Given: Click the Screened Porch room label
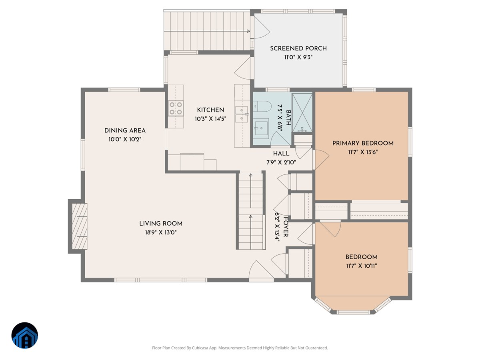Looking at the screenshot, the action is tap(298, 48).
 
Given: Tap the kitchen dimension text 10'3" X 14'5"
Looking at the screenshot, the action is tap(210, 119).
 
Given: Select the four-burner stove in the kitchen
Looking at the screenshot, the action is tap(176, 108).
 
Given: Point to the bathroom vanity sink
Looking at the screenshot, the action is tap(261, 127).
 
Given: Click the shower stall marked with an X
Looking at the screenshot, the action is tap(302, 113).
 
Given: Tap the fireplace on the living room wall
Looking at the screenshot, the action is tap(80, 226).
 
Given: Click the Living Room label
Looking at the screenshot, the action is tap(161, 223).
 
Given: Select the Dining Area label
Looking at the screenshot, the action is tap(125, 130).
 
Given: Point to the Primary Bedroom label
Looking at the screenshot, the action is tap(363, 143).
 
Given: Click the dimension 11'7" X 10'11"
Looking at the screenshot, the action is tap(361, 266).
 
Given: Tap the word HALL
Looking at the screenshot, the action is tap(281, 154).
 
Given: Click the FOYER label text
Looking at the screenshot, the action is tap(286, 227).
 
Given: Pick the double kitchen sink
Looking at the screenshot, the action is tap(242, 114).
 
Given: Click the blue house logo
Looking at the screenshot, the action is tap(25, 335).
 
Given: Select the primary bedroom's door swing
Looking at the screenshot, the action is tap(321, 159).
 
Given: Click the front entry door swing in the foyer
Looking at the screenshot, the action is tap(261, 270).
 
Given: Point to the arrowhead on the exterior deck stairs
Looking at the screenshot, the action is tap(249, 31).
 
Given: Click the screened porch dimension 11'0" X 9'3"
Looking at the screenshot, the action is tap(298, 57).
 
